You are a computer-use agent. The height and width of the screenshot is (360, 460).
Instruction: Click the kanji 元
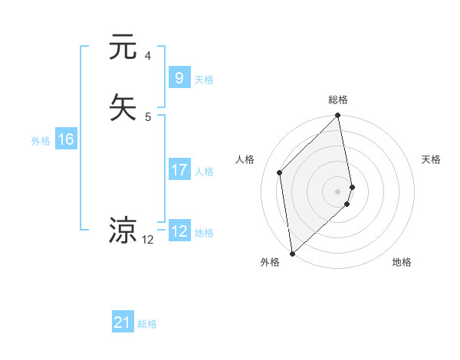123,47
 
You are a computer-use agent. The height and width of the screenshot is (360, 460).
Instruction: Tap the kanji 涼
123,231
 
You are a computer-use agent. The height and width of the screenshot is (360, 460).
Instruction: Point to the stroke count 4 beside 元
148,56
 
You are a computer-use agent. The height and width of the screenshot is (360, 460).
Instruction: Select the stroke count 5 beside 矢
148,116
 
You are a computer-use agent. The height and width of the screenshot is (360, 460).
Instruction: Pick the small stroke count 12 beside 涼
148,240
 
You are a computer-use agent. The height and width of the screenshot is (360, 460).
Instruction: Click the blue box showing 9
179,77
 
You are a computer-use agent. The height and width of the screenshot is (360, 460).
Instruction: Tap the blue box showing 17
179,170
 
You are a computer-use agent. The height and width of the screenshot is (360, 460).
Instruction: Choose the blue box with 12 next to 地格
179,231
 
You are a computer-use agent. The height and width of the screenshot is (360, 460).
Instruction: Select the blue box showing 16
65,139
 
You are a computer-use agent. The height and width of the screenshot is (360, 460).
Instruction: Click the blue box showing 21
123,323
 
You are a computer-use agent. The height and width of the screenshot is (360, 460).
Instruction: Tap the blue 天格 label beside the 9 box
204,79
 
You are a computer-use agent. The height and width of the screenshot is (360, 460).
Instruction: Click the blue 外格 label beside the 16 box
40,141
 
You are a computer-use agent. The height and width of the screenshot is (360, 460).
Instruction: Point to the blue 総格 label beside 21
147,324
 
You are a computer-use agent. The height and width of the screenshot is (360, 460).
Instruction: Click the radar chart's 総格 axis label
338,100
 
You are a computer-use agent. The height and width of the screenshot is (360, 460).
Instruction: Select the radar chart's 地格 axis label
402,263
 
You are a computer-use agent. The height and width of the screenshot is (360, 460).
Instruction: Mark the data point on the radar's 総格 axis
338,116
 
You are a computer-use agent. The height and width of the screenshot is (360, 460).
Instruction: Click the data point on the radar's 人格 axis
280,172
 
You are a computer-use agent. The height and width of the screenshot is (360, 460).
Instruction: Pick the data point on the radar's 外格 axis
292,254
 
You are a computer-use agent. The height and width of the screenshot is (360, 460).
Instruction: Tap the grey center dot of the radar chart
338,191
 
